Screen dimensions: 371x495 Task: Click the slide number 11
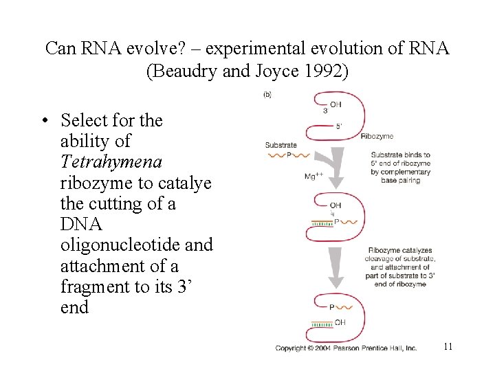[x=448, y=346]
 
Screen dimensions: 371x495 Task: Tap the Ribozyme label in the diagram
[x=377, y=137]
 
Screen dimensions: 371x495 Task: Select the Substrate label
[x=280, y=145]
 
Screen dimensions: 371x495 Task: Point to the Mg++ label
[x=313, y=177]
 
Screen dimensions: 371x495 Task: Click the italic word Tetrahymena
[x=111, y=162]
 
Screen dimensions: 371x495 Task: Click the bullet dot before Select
[x=43, y=122]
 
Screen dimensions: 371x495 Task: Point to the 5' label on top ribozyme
[x=339, y=126]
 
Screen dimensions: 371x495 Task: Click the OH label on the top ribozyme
[x=335, y=104]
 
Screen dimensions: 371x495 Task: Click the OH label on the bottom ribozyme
[x=340, y=322]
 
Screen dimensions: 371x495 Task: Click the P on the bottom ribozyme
[x=332, y=307]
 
